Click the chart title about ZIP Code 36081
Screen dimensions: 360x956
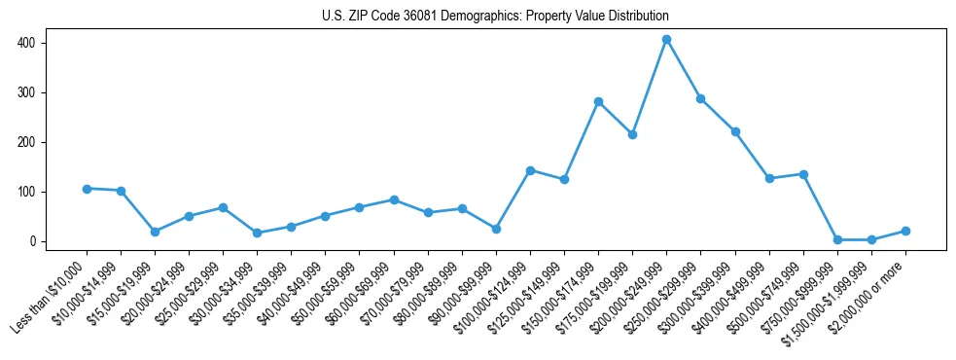click(495, 17)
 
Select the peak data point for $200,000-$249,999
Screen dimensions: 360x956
click(666, 40)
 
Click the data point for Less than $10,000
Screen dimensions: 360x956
click(87, 189)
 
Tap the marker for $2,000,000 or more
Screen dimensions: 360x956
click(905, 231)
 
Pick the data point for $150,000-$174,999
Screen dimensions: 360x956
click(598, 101)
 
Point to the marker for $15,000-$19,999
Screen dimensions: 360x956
click(155, 232)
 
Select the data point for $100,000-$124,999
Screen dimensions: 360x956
click(530, 170)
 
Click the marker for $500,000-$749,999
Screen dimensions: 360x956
click(803, 174)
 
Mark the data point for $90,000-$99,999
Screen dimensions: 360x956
click(496, 229)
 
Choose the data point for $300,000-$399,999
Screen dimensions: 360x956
click(735, 131)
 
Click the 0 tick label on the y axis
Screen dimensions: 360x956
click(32, 241)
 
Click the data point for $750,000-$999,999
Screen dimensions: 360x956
click(837, 239)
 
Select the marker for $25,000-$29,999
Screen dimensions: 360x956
click(223, 207)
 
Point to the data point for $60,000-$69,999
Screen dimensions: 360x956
click(394, 199)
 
